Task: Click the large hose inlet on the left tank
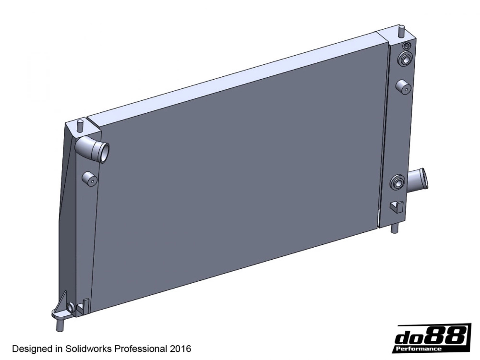[96, 150]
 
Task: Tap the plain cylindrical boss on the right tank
[402, 86]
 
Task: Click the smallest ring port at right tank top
[406, 46]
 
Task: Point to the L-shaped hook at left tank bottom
[84, 305]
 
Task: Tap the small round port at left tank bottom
[71, 307]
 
